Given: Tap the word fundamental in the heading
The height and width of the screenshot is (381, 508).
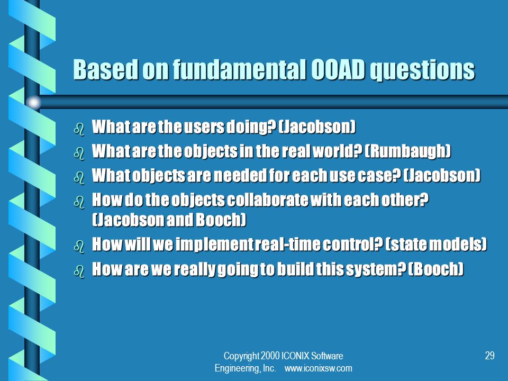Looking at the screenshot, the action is click(239, 69).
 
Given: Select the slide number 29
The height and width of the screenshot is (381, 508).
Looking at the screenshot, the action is click(489, 356).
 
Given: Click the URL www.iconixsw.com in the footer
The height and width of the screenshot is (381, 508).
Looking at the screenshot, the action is click(318, 368).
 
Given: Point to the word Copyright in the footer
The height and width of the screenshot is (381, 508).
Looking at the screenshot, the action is click(241, 356).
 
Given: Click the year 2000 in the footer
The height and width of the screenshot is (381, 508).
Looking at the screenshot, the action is click(270, 356).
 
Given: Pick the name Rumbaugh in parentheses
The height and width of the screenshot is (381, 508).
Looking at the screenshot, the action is click(407, 151).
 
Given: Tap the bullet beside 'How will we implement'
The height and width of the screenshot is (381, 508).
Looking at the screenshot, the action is click(79, 247).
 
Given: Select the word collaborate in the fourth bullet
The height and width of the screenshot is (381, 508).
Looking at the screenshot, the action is click(268, 200).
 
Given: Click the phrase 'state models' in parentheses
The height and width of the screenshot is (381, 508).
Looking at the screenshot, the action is click(436, 244).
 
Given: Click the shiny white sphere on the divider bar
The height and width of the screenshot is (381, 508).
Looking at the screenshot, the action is click(33, 102).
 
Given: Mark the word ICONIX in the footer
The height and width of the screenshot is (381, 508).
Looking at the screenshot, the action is click(295, 356).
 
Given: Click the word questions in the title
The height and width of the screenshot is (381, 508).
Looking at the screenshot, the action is click(422, 70).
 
